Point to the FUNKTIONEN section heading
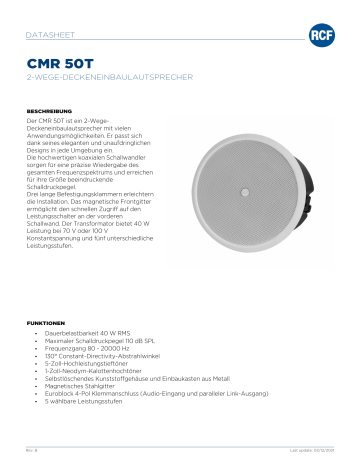click(x=45, y=324)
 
